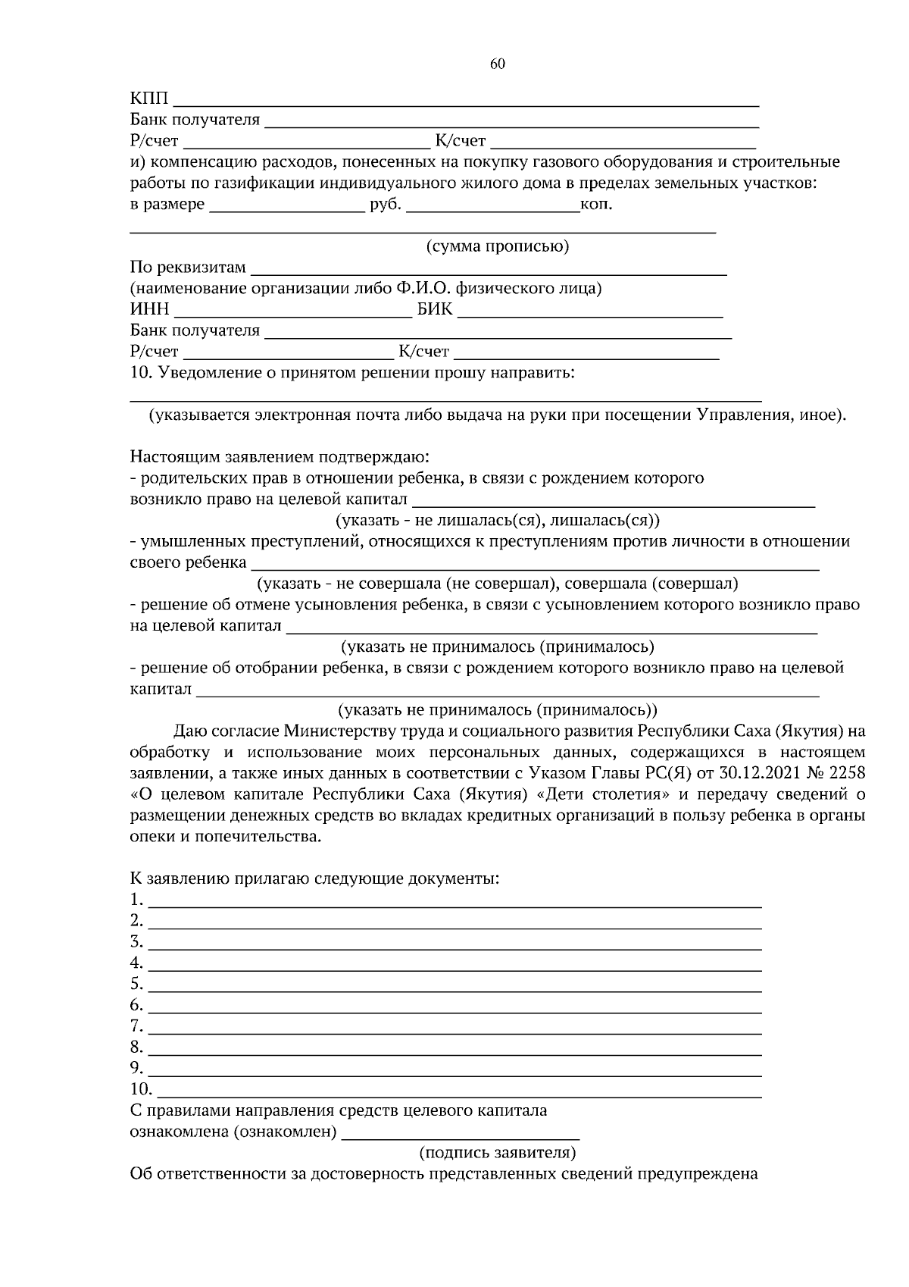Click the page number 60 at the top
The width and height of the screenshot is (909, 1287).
[497, 64]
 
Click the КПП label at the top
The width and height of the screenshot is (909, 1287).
[150, 99]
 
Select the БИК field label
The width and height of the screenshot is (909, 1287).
[435, 309]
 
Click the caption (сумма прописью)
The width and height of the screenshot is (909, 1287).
[497, 246]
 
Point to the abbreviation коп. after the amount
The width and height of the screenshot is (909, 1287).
[595, 205]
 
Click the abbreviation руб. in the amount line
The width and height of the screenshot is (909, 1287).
[386, 205]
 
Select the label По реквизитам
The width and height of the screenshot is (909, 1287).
[188, 268]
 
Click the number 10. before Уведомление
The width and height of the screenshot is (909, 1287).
[142, 373]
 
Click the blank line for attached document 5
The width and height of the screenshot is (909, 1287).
[454, 985]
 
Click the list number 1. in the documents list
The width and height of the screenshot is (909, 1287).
[136, 900]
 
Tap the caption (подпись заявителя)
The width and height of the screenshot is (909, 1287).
[498, 1154]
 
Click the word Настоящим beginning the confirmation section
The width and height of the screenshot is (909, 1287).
[175, 457]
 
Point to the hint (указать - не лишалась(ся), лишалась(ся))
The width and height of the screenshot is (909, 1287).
[497, 521]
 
